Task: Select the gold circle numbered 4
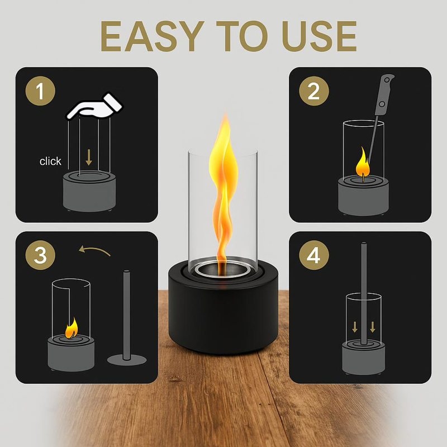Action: (x=314, y=256)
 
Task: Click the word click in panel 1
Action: (x=50, y=161)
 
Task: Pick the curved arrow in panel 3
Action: (x=94, y=251)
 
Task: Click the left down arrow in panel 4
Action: (x=354, y=326)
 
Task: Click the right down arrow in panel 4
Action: (x=373, y=326)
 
